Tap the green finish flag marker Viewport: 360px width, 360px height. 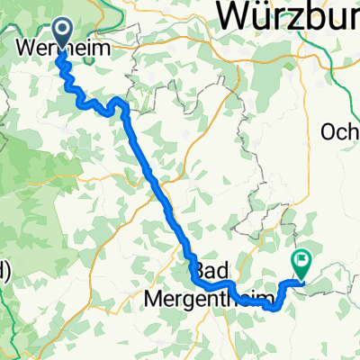(x=300, y=264)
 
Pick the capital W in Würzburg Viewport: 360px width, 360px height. (x=237, y=16)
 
